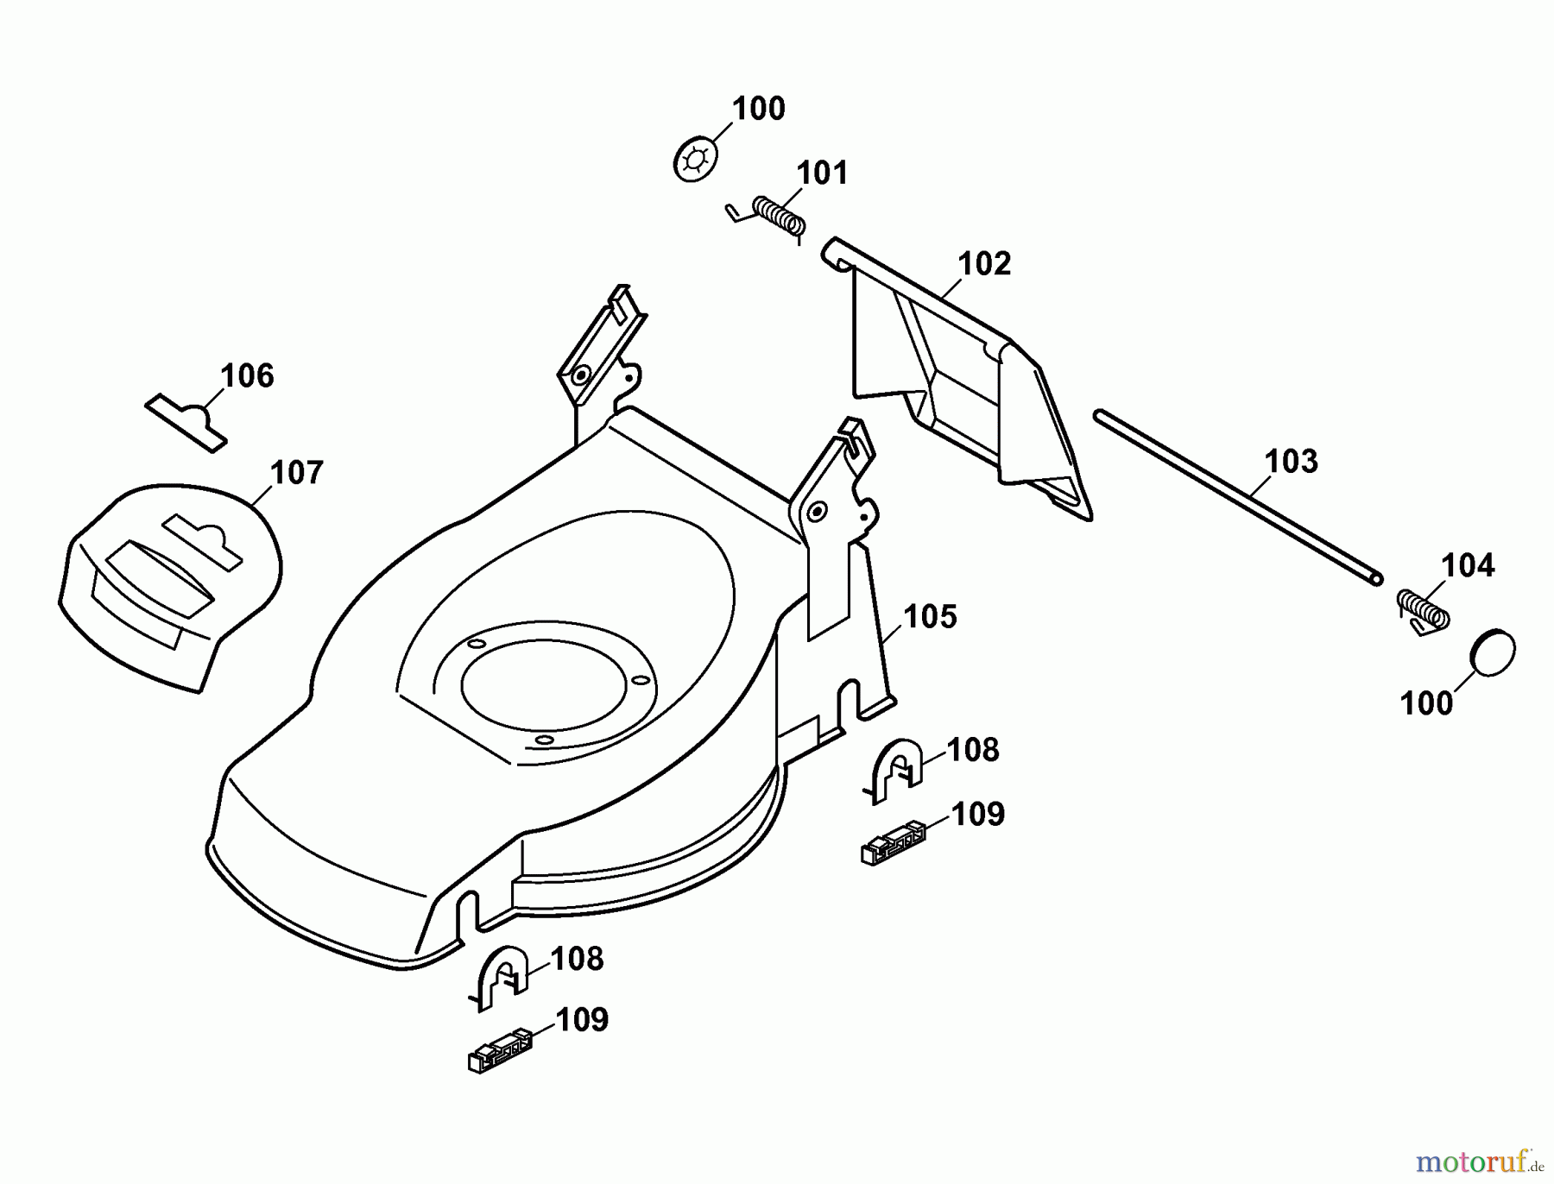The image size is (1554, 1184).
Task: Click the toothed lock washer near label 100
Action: (x=695, y=161)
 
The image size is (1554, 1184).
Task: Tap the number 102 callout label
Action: (x=983, y=263)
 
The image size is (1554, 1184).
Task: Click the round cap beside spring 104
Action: (x=1494, y=653)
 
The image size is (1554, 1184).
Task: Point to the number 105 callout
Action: (x=930, y=617)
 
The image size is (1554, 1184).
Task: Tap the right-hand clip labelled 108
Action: (x=895, y=768)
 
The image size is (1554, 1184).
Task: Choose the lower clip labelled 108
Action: (x=500, y=975)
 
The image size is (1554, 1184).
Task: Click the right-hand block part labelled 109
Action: (x=893, y=843)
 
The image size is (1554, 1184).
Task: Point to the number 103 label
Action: (x=1291, y=462)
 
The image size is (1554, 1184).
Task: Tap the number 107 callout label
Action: (x=296, y=473)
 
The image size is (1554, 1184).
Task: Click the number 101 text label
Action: (x=822, y=173)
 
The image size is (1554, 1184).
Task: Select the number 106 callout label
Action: (x=247, y=376)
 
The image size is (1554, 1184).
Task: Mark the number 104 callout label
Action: (x=1468, y=566)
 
